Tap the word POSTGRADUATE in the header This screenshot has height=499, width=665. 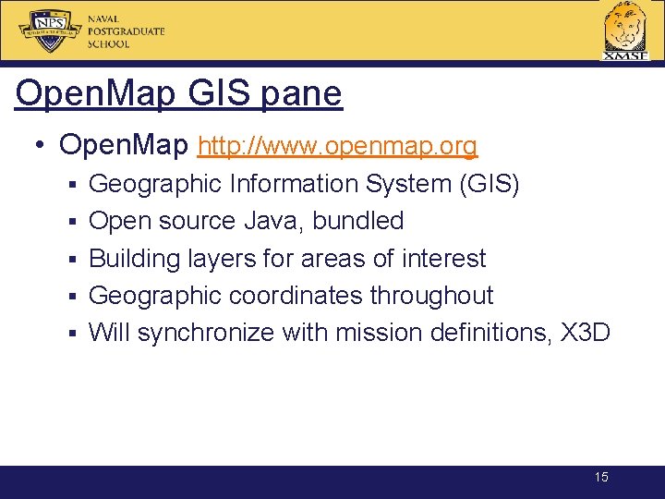click(x=127, y=31)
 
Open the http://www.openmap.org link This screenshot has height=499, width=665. click(x=338, y=146)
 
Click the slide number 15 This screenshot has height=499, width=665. click(x=601, y=478)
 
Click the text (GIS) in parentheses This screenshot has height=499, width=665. click(x=490, y=185)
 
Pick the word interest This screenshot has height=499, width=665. click(x=443, y=259)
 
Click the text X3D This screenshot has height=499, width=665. click(x=586, y=333)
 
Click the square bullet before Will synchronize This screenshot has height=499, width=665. click(x=71, y=334)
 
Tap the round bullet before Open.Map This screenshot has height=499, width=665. click(x=40, y=146)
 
